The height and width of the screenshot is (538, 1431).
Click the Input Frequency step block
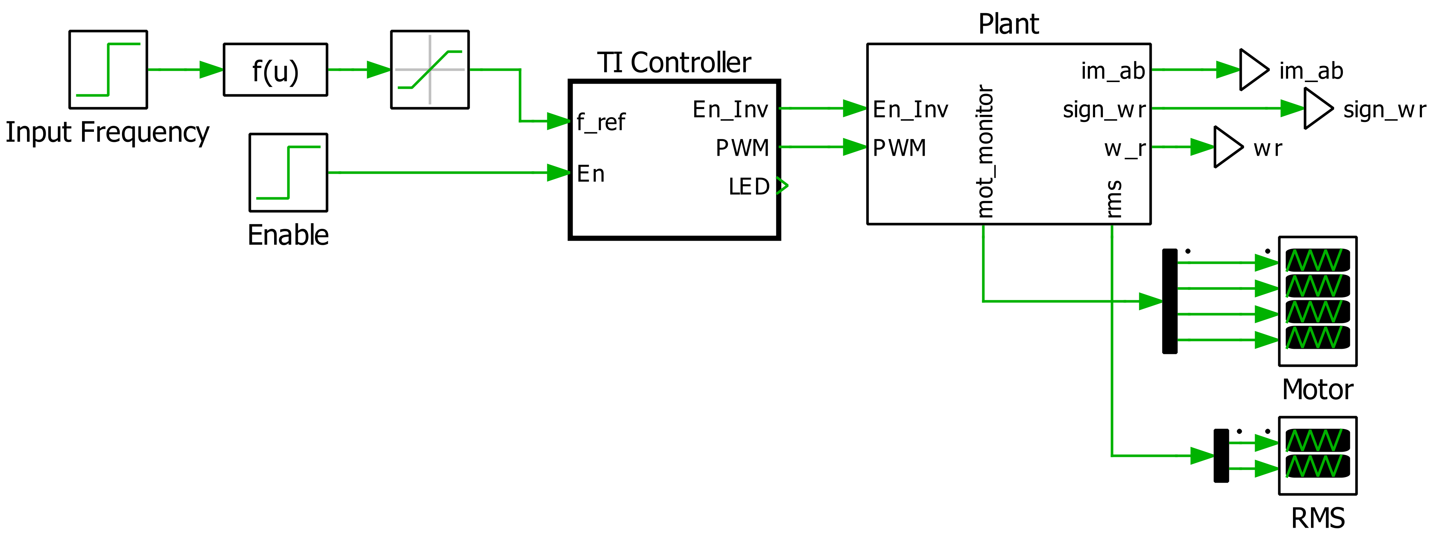pos(108,70)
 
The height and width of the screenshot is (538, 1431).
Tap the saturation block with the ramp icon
pos(429,70)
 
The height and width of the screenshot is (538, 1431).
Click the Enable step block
pos(288,172)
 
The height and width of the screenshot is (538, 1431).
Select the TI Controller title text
pos(674,62)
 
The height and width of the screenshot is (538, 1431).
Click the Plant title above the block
pos(1008,24)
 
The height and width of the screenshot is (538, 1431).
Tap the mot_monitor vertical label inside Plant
pos(984,151)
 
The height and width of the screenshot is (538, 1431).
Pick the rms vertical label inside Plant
pos(1113,199)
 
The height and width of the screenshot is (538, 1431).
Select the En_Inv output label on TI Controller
pos(730,109)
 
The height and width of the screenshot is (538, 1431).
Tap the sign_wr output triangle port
pos(1318,108)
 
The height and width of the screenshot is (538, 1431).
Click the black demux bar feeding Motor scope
pos(1169,301)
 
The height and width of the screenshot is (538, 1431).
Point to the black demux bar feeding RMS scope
pos(1221,456)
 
